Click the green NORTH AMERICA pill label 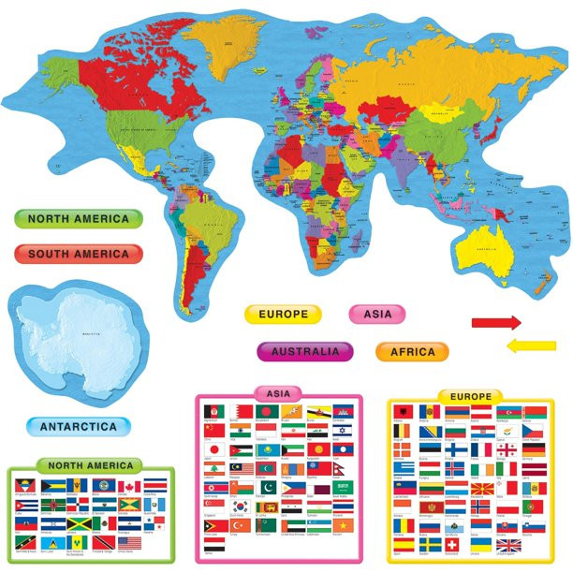click(x=78, y=219)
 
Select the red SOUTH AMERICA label click(x=78, y=254)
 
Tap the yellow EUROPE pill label click(x=283, y=315)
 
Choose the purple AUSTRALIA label click(x=305, y=352)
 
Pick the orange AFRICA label click(x=412, y=352)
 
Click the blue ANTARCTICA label click(x=78, y=427)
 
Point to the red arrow click(x=495, y=323)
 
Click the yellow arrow click(x=530, y=346)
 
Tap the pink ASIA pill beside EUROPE click(x=378, y=315)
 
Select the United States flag click(x=128, y=542)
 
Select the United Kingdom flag click(x=508, y=544)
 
